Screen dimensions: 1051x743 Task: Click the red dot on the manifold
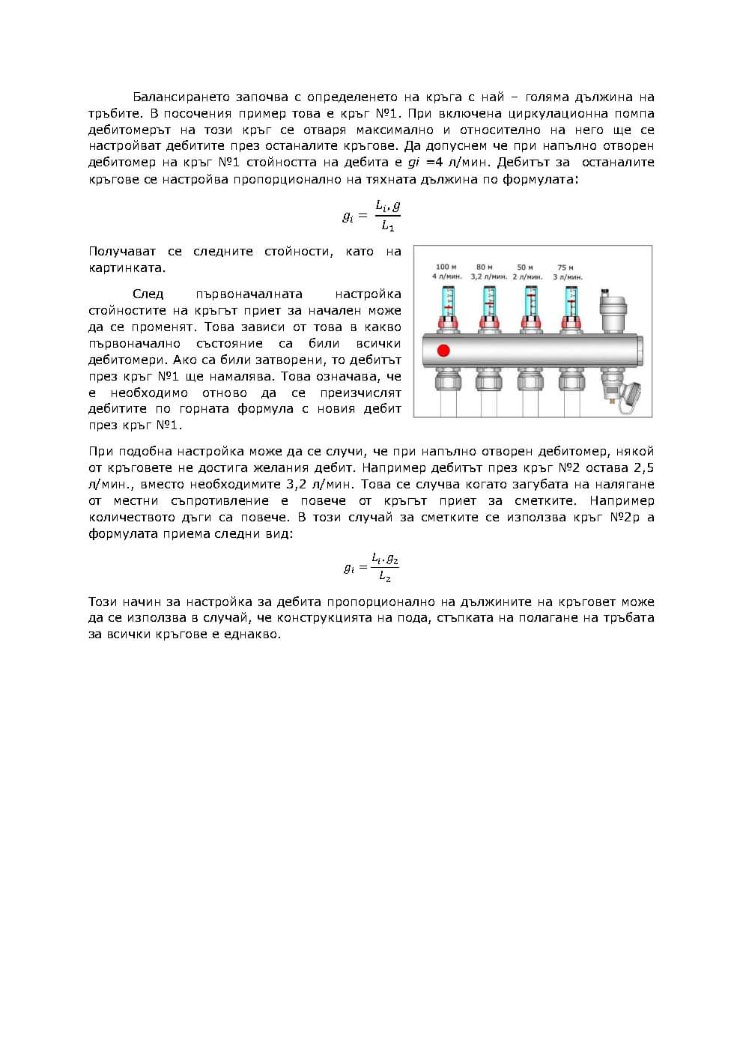click(x=443, y=350)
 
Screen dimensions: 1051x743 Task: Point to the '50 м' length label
click(x=525, y=267)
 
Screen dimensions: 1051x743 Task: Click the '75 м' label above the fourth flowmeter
click(x=566, y=267)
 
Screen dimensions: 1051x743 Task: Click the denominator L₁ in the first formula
click(x=387, y=225)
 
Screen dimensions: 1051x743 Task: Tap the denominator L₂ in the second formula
click(x=385, y=576)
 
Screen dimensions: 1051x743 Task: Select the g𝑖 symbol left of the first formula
click(x=348, y=216)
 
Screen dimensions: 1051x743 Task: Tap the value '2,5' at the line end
click(x=644, y=467)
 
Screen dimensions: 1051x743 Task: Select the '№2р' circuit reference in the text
click(x=625, y=517)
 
